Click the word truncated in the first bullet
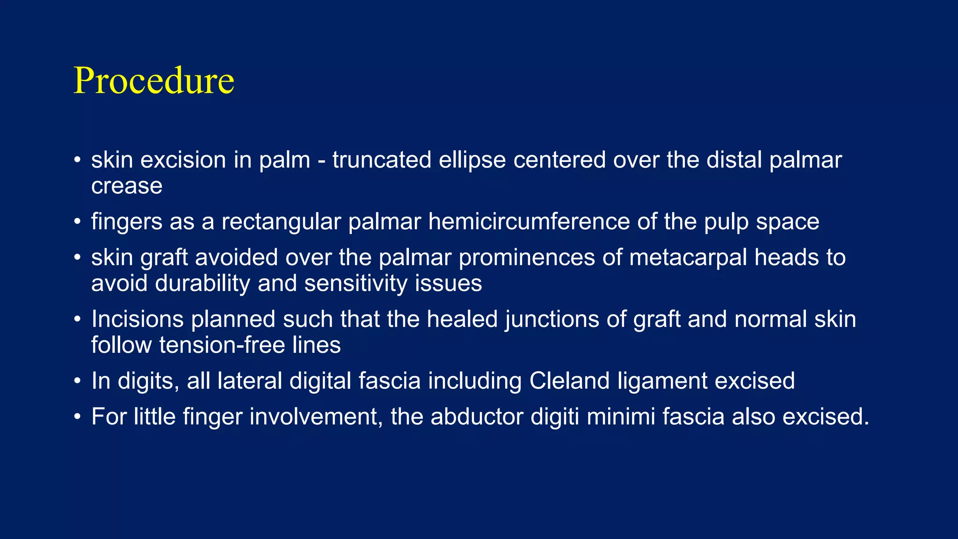(382, 160)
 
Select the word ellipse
(472, 160)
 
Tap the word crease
(127, 186)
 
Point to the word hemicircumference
(529, 221)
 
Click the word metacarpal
(688, 258)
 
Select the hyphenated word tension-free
(222, 345)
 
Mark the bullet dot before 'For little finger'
(78, 417)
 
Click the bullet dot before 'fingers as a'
(78, 222)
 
